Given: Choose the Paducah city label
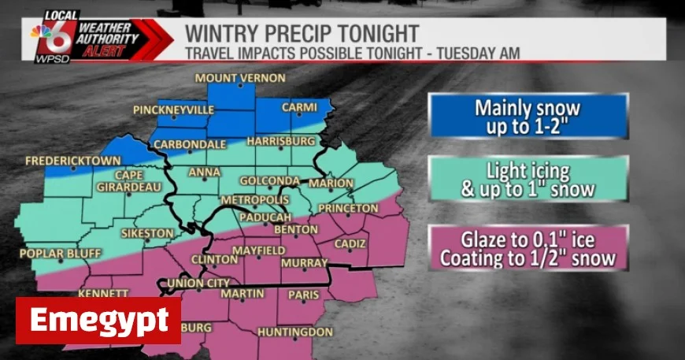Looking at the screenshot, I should point(268,217).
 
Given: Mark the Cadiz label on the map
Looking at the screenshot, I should point(350,244).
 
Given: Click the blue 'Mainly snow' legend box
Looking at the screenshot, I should point(528,117).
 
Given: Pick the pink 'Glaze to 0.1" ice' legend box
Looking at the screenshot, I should point(528,248).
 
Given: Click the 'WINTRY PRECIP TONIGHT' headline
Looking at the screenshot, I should point(302,35).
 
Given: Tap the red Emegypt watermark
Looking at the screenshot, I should point(98,321).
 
